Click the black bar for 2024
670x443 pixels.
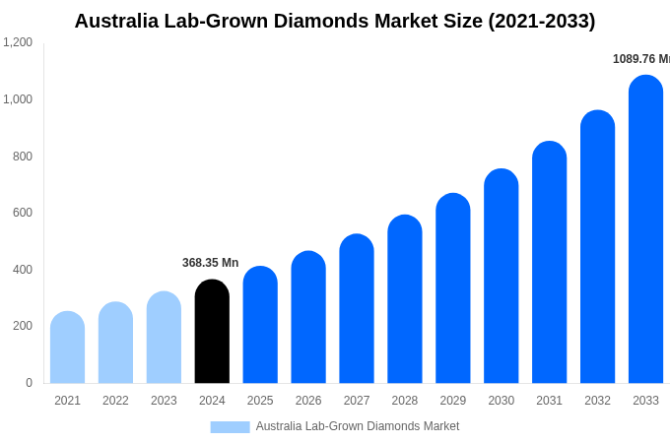tap(212, 332)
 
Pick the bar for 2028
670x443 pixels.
tap(405, 299)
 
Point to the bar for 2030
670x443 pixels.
tap(501, 277)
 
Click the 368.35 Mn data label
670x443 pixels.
tap(210, 263)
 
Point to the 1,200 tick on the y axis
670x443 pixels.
tap(18, 42)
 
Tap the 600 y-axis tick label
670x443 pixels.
tap(22, 213)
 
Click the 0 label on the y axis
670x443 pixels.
tap(29, 383)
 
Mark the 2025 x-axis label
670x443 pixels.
tap(260, 401)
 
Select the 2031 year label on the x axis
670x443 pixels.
tap(549, 401)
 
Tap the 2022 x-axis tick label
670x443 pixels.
tap(115, 401)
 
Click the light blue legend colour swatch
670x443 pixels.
tap(230, 427)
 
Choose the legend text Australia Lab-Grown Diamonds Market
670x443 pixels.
tap(358, 426)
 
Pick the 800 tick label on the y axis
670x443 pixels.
tap(22, 157)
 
